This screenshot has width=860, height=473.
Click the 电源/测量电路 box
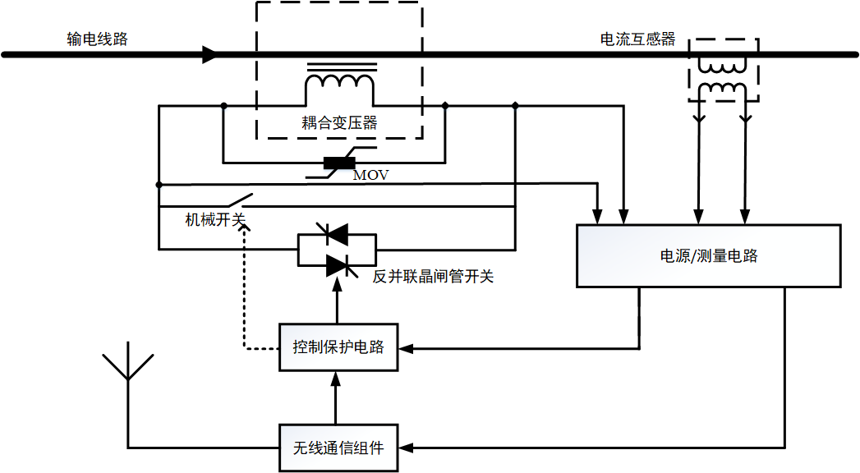(709, 255)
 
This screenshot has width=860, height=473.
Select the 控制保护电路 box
(338, 347)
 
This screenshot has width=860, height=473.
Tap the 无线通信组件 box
(338, 448)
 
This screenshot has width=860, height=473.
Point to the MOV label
(370, 175)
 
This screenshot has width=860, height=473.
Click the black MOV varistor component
(339, 163)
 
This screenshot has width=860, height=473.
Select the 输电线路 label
(98, 39)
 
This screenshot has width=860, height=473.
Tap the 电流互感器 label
(637, 39)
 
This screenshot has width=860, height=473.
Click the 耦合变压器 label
(339, 123)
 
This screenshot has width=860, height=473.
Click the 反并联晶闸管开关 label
(434, 277)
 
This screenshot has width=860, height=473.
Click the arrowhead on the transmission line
(210, 55)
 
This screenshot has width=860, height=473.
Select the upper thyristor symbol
(338, 235)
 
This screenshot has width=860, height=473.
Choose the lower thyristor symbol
(338, 264)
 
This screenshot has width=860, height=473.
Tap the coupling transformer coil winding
(339, 83)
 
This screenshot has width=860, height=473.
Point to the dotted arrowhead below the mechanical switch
(243, 229)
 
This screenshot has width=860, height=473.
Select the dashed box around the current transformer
(723, 69)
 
